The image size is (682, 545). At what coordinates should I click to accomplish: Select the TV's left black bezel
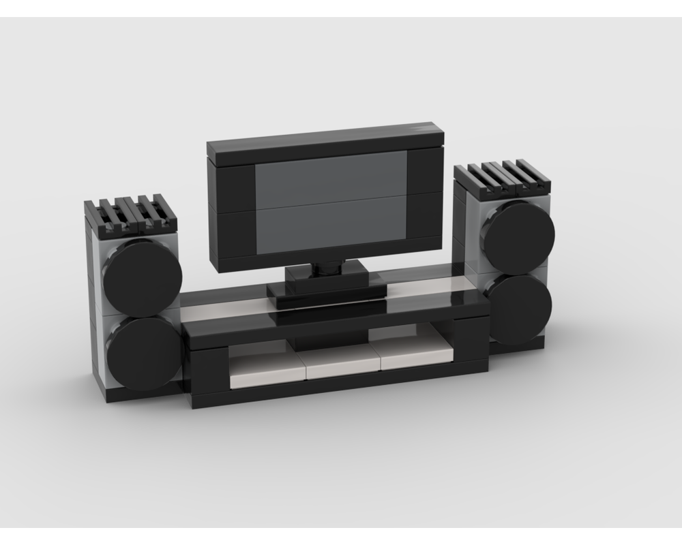point(232,211)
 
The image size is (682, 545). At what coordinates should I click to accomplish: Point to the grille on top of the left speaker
point(131,215)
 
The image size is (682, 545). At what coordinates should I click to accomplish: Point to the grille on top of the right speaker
point(503,177)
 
